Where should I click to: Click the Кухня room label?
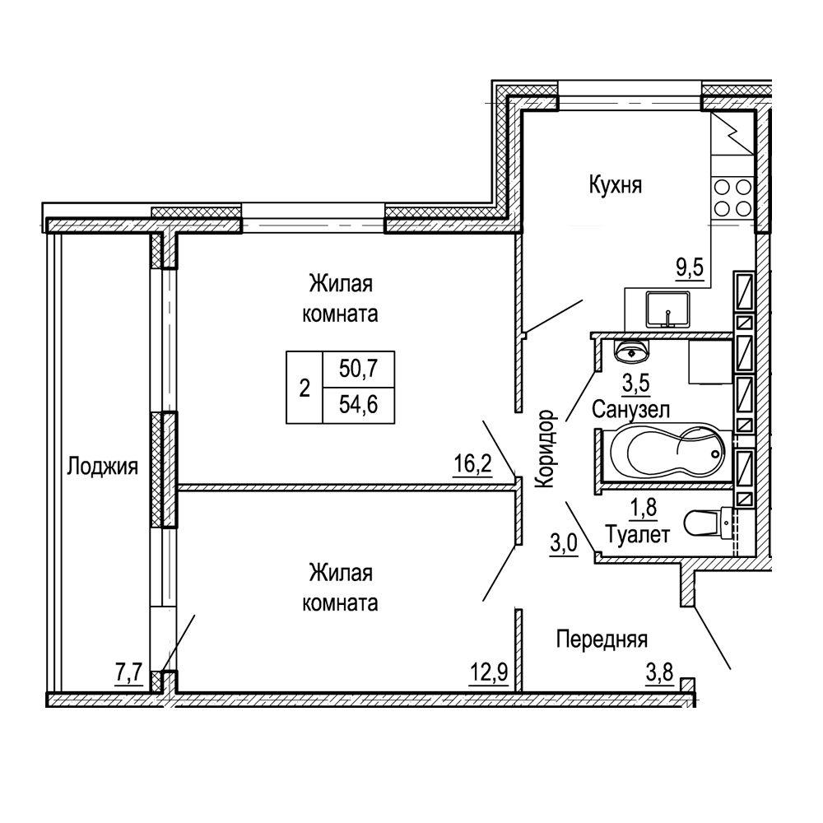tap(615, 186)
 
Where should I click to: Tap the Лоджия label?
tap(102, 466)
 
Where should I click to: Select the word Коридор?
tap(545, 449)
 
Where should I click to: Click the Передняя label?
tap(602, 639)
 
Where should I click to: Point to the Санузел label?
tap(631, 409)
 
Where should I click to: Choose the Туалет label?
tap(638, 535)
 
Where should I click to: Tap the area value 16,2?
tap(473, 464)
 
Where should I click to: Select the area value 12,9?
tap(489, 672)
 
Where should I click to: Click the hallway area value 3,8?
tap(660, 672)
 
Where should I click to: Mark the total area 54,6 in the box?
tap(359, 405)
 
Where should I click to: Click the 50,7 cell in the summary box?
tap(359, 369)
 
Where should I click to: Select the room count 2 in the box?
tap(305, 389)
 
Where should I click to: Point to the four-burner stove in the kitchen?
tap(733, 198)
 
